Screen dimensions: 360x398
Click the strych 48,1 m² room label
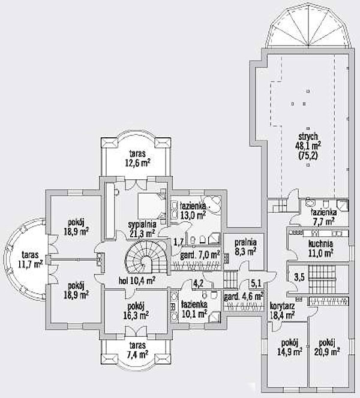(x=308, y=146)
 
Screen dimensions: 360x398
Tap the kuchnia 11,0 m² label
(x=320, y=249)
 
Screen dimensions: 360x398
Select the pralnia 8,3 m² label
(x=245, y=247)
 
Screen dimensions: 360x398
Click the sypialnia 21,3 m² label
(x=142, y=229)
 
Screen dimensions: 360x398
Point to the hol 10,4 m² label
(x=137, y=281)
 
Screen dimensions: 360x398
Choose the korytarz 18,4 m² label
(x=282, y=310)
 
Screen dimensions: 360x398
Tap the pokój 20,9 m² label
(x=327, y=347)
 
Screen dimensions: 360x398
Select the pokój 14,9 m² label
(x=289, y=347)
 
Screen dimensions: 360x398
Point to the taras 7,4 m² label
(x=137, y=349)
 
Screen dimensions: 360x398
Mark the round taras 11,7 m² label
(x=30, y=259)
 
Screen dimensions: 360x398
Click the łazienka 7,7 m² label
(x=324, y=217)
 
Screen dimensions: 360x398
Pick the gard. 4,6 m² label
(x=244, y=296)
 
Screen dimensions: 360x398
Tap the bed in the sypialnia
(x=150, y=206)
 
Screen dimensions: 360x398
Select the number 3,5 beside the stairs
(x=299, y=278)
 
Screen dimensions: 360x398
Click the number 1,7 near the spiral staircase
(x=178, y=242)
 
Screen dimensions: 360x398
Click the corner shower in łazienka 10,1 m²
(x=214, y=316)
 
